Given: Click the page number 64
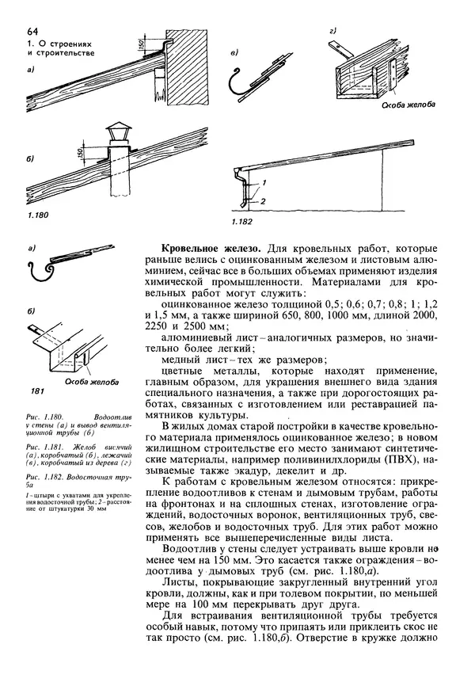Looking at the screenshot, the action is point(32,32).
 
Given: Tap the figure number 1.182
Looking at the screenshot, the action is point(241,222).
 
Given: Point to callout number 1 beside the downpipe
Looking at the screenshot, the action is point(264,182).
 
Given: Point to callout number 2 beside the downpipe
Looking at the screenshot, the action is point(263,200).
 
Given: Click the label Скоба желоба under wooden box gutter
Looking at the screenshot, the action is point(408,105).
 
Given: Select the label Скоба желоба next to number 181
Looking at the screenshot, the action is point(92,383).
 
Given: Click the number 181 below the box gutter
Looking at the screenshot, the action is point(38,391).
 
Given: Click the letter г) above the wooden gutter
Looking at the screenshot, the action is point(334,31).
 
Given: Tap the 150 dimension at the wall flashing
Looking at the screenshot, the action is point(140,44).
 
